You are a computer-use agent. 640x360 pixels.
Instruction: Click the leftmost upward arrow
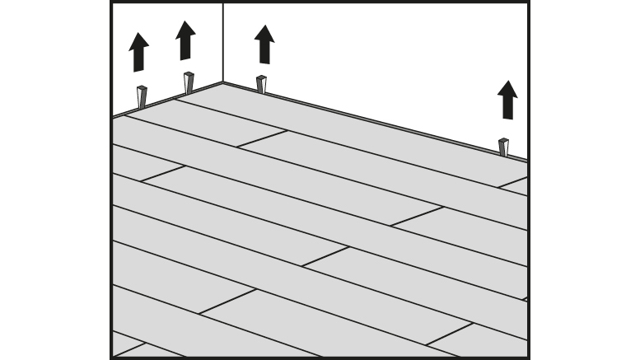coord(139,53)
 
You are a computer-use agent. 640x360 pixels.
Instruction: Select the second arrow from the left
coord(185,40)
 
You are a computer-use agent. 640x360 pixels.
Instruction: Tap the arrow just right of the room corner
coord(264,44)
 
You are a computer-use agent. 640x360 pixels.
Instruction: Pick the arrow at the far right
coord(507,100)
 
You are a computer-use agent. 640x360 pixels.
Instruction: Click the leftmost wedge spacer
coord(142,96)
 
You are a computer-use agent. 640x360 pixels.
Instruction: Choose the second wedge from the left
coord(189,83)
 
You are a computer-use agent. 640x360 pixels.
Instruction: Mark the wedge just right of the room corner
coord(261,84)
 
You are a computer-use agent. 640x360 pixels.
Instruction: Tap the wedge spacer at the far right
coord(503,147)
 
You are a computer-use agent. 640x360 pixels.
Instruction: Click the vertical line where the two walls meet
coord(223,41)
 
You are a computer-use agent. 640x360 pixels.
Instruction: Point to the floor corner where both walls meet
coord(223,82)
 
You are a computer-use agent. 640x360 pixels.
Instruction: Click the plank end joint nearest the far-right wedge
coord(512,182)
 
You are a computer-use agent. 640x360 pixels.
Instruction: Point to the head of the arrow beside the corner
coord(264,33)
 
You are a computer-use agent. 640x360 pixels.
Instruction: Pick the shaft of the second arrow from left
coord(185,49)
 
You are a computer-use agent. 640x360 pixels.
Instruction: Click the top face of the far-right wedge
coord(503,141)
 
